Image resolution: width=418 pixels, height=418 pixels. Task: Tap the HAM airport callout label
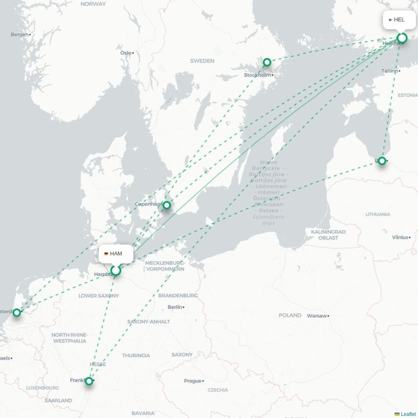click(x=115, y=254)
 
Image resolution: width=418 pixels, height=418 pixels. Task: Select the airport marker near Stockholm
click(x=267, y=62)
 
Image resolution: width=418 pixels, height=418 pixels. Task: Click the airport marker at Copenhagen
click(x=167, y=205)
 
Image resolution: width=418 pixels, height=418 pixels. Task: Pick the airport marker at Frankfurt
click(x=89, y=381)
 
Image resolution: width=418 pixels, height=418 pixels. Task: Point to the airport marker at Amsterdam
click(x=17, y=312)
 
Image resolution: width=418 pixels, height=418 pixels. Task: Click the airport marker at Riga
click(x=382, y=160)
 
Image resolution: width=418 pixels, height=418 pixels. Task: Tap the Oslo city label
click(x=126, y=53)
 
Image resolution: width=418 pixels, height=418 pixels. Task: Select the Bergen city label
click(x=20, y=34)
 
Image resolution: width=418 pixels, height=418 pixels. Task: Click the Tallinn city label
click(x=389, y=71)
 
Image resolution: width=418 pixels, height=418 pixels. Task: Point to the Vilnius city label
click(x=400, y=237)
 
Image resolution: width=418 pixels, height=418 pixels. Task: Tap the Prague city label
click(x=192, y=381)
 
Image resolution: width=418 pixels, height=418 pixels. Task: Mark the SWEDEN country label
click(x=202, y=61)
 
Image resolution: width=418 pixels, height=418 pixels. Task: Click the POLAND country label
click(x=290, y=315)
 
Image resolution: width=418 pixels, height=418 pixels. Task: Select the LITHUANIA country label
click(x=378, y=214)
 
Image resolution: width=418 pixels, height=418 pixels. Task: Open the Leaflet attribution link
click(x=408, y=414)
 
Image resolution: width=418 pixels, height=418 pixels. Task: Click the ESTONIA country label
click(x=408, y=96)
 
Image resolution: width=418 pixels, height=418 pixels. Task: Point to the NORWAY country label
click(x=94, y=4)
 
